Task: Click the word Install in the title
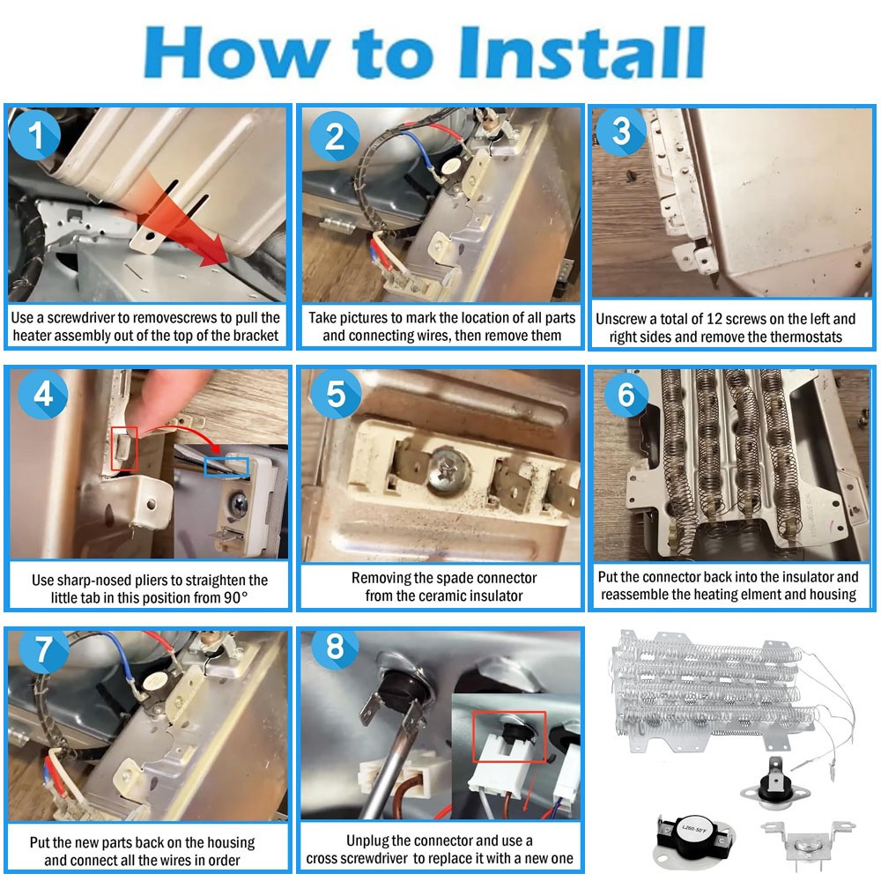click(581, 52)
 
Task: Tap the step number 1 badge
click(35, 135)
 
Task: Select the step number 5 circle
click(336, 394)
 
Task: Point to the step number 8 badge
click(336, 646)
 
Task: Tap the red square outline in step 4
click(124, 449)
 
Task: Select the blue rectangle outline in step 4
click(226, 468)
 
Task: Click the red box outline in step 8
click(509, 737)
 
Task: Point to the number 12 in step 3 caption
click(714, 319)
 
